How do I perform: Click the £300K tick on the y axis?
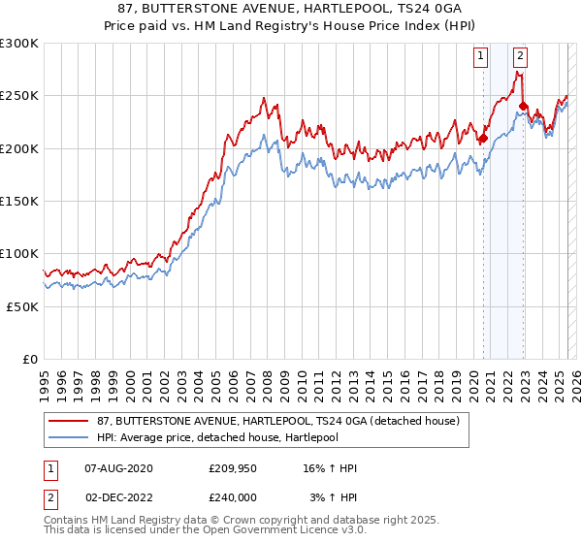(19, 44)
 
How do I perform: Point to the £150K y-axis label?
(19, 201)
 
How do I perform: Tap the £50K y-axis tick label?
(22, 305)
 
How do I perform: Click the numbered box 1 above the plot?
(481, 56)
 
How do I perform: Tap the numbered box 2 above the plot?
(521, 56)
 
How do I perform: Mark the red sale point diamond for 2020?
(482, 139)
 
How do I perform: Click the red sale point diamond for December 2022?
(523, 107)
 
